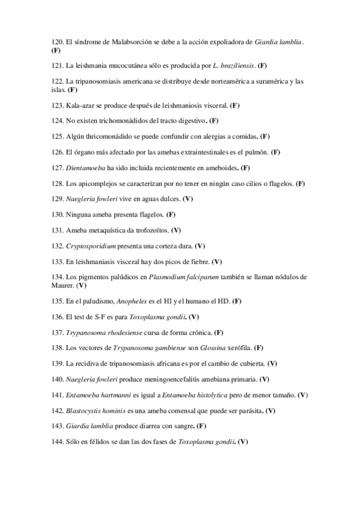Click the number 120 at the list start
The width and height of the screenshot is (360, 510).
pyautogui.click(x=57, y=42)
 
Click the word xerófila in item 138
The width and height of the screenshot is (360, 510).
pyautogui.click(x=236, y=348)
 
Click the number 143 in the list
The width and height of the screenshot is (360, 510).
pyautogui.click(x=57, y=426)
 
